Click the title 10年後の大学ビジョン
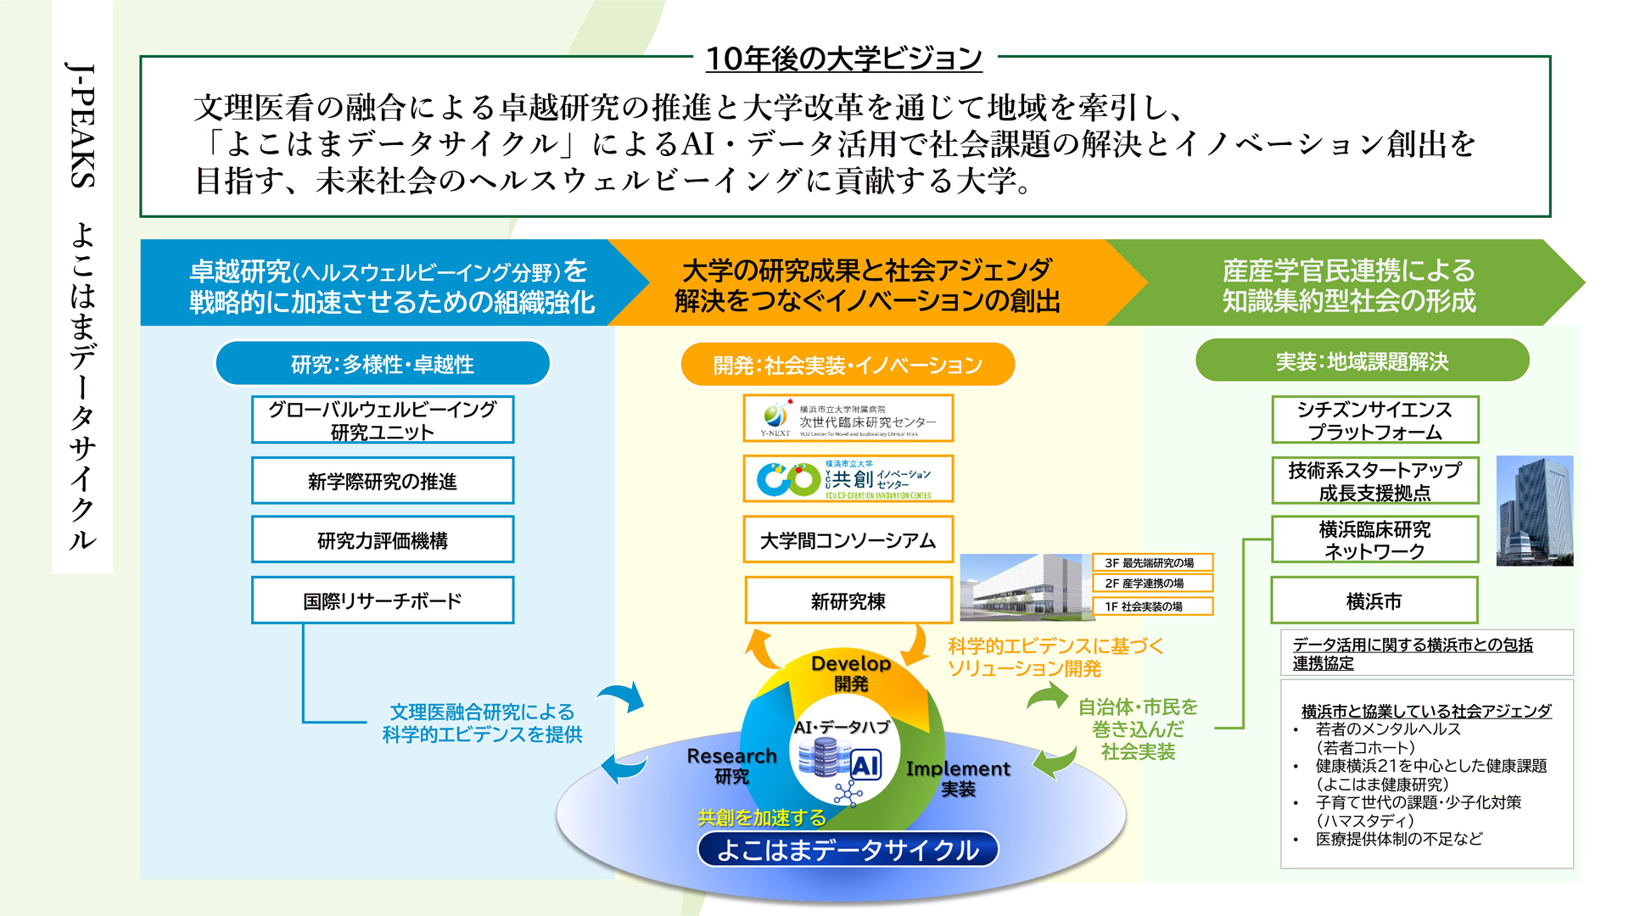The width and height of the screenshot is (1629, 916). (x=843, y=59)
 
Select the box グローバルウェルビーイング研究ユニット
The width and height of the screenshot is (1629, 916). (x=383, y=420)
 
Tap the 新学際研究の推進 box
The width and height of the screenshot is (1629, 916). (x=383, y=481)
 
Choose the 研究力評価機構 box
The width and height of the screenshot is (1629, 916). (x=383, y=540)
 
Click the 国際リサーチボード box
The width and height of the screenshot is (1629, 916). (x=383, y=600)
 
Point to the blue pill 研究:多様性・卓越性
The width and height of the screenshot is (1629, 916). (x=383, y=364)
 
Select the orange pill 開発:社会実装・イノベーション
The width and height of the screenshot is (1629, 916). (x=848, y=365)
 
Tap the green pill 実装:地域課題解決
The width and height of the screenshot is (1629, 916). (x=1362, y=361)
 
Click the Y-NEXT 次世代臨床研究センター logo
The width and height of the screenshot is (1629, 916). (x=848, y=419)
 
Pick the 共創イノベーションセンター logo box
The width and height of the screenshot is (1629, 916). (x=848, y=479)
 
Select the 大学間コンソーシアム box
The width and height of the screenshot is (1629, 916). (x=848, y=540)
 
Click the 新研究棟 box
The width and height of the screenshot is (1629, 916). (x=848, y=600)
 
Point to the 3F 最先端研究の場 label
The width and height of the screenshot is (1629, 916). (x=1150, y=562)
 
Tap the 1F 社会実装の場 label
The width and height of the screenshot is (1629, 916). (x=1150, y=606)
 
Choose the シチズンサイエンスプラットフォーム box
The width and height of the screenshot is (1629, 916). (x=1374, y=420)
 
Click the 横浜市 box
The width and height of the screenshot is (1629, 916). (x=1374, y=600)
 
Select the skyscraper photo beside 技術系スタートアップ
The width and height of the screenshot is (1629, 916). (x=1534, y=511)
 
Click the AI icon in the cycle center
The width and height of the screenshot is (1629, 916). (x=865, y=765)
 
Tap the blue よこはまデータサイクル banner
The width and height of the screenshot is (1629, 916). (x=848, y=850)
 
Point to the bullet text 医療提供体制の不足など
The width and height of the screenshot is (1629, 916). (x=1399, y=839)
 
